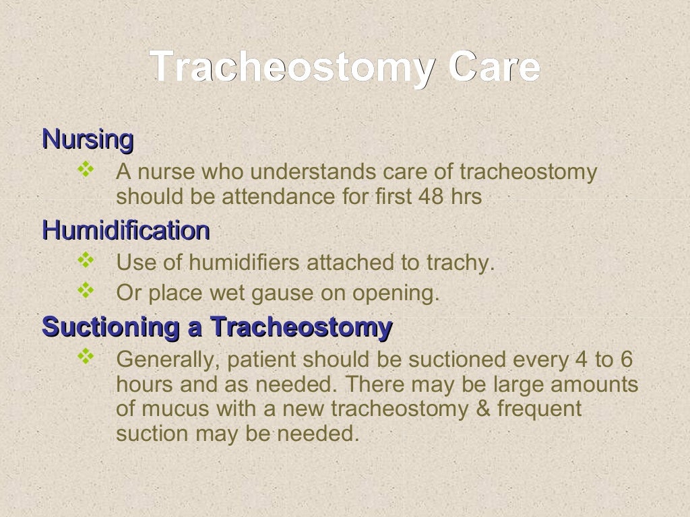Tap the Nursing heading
(x=88, y=140)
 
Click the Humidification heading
(x=125, y=231)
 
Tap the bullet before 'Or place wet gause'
(x=86, y=290)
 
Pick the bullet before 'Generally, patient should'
(x=86, y=357)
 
